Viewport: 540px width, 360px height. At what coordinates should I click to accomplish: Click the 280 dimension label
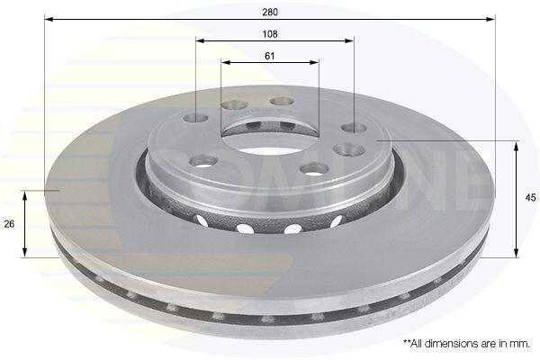tap(270, 13)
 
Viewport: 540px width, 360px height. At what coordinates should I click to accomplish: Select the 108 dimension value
tap(270, 34)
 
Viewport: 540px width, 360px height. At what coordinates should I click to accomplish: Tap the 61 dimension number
tap(270, 56)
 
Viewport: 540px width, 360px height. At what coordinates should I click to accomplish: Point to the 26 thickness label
tap(9, 224)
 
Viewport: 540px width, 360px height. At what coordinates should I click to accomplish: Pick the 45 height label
tap(531, 198)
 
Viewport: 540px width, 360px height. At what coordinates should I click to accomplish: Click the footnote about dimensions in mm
tap(466, 344)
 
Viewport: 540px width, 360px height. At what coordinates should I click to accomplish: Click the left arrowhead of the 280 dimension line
tap(49, 19)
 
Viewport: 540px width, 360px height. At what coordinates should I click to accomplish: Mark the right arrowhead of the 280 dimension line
tap(490, 19)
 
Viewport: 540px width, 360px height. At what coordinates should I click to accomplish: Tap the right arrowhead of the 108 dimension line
tap(349, 41)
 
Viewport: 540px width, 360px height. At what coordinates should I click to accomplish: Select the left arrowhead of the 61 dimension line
tap(226, 63)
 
